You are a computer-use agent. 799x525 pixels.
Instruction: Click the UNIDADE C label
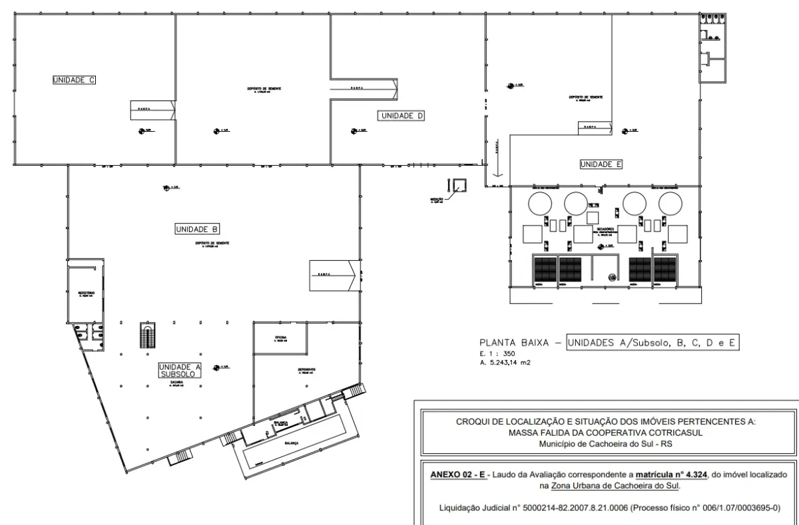[x=75, y=80]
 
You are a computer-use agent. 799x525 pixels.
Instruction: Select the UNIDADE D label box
[x=402, y=116]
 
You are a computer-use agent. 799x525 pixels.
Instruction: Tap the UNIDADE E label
[x=601, y=164]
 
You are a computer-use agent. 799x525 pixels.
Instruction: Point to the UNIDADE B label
[x=197, y=230]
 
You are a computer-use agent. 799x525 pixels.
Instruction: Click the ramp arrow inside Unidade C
[x=152, y=110]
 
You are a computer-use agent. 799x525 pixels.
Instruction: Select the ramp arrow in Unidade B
[x=333, y=275]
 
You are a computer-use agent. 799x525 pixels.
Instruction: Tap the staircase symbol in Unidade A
[x=146, y=335]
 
